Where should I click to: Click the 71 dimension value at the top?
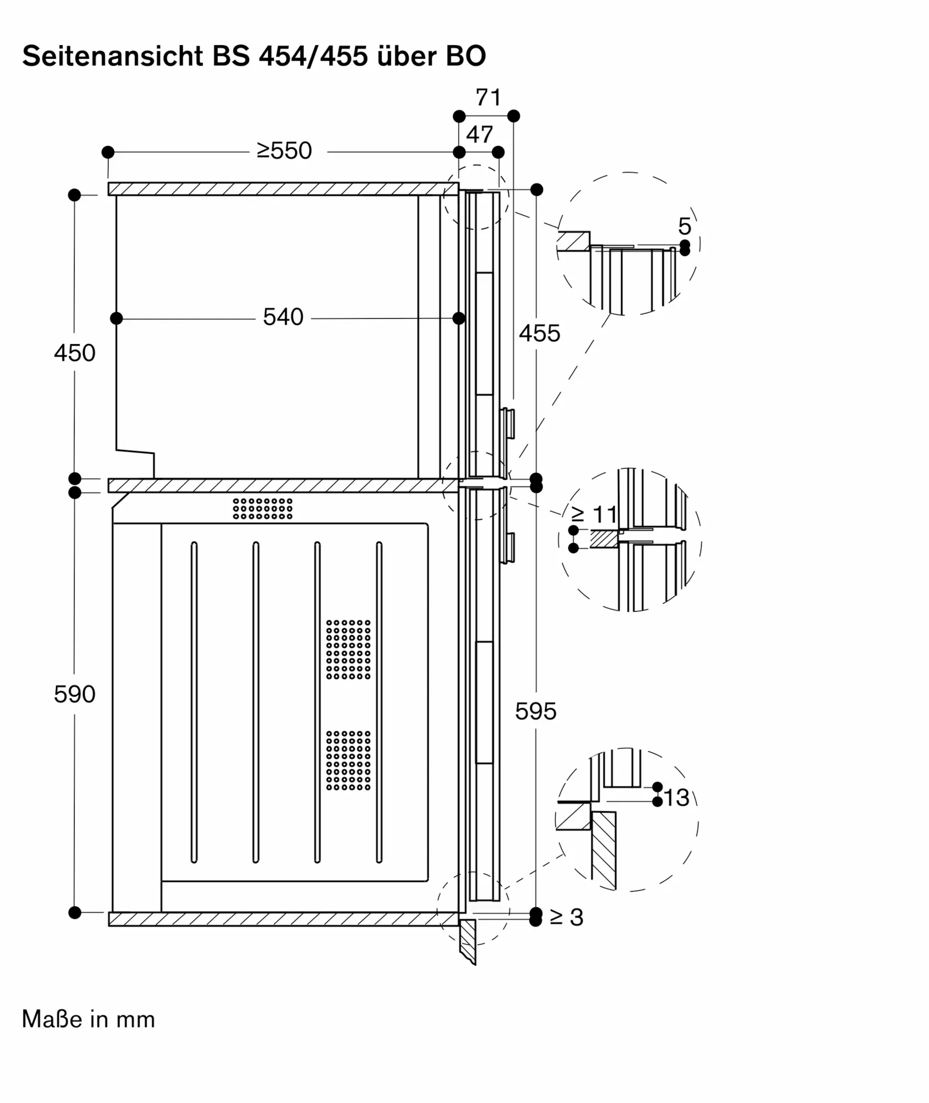(488, 98)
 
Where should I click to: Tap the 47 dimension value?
(479, 135)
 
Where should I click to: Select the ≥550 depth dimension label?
(284, 151)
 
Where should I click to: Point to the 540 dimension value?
(283, 317)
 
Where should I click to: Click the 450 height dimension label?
(74, 353)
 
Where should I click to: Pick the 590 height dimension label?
(74, 694)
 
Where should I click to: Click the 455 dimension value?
(540, 334)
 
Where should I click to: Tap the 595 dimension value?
(536, 711)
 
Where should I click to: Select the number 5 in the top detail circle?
(685, 226)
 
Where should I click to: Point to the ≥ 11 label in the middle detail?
(594, 515)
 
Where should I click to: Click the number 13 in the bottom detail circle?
(676, 798)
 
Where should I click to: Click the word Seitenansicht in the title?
(113, 56)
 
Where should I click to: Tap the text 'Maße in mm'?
(88, 1019)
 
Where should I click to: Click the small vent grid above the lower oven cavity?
(263, 508)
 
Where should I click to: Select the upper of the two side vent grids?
(348, 649)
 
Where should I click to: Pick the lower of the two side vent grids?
(348, 761)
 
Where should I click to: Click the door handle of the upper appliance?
(508, 424)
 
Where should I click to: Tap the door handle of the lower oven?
(508, 548)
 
